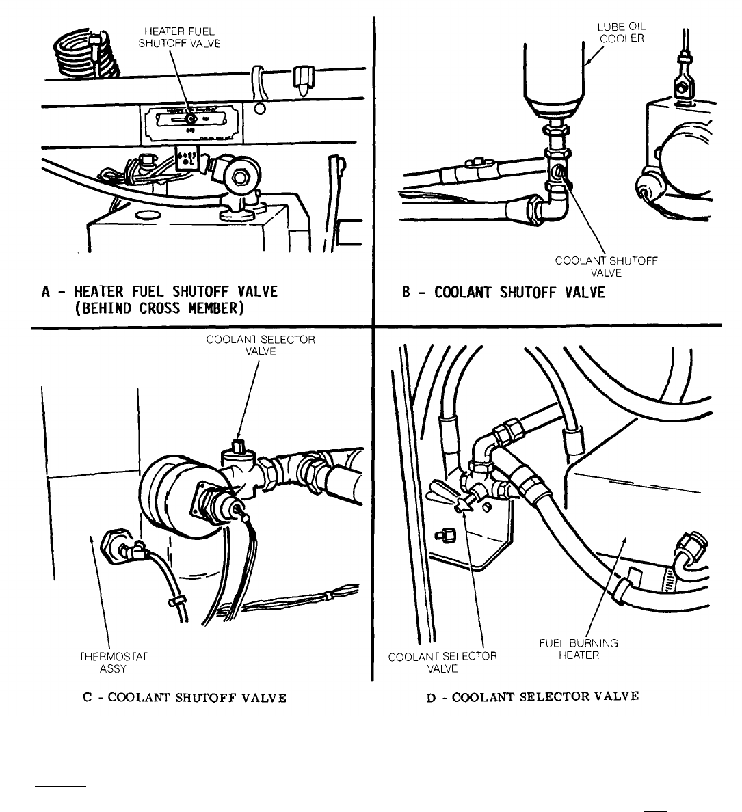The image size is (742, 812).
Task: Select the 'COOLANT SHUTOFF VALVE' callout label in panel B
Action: pyautogui.click(x=607, y=266)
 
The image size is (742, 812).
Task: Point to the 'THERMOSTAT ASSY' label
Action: pyautogui.click(x=113, y=662)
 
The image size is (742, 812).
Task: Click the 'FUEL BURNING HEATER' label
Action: pyautogui.click(x=579, y=649)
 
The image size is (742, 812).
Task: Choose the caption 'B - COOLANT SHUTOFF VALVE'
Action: pyautogui.click(x=503, y=293)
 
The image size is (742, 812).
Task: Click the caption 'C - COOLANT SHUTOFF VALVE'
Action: pyautogui.click(x=183, y=698)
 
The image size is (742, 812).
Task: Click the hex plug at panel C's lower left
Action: pyautogui.click(x=113, y=545)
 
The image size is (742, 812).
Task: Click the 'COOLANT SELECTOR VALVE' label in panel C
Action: pyautogui.click(x=261, y=345)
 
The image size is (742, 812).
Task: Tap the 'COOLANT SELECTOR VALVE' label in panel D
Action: pyautogui.click(x=442, y=662)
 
